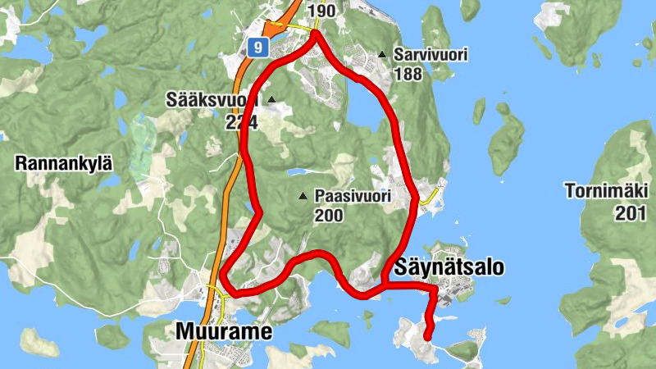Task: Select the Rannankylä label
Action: [63, 163]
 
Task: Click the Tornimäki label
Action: [608, 192]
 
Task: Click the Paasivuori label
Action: [352, 197]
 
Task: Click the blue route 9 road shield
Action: [258, 48]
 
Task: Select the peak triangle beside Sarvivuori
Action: [382, 55]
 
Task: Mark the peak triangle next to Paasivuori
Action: [303, 196]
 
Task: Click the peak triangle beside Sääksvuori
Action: [271, 101]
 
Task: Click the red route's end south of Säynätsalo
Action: [427, 335]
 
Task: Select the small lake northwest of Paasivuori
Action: [298, 173]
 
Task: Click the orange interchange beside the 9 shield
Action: [276, 27]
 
